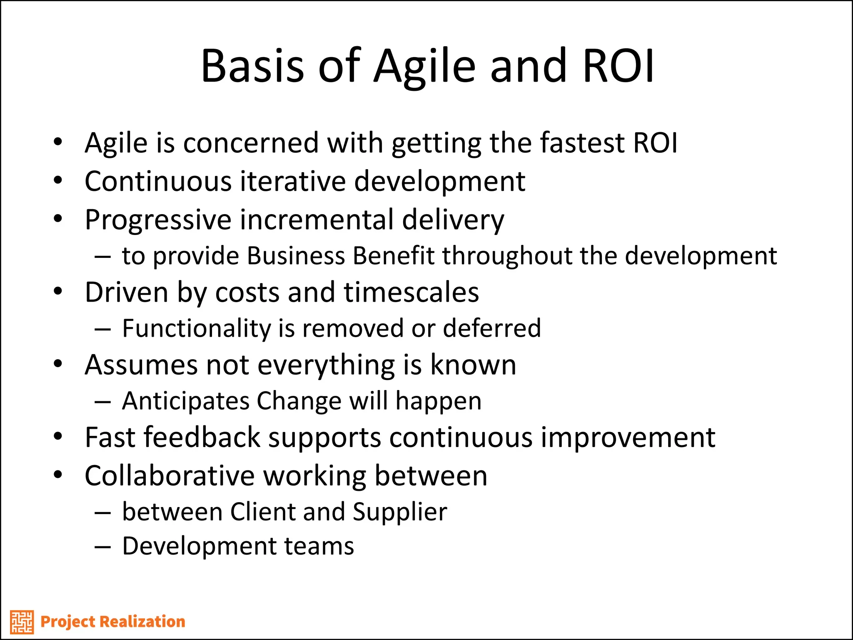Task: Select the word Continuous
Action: click(x=158, y=182)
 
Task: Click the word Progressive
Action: click(x=158, y=220)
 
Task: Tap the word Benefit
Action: click(x=394, y=255)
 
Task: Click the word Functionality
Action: click(x=196, y=328)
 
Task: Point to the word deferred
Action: click(x=491, y=328)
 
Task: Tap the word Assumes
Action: click(x=141, y=365)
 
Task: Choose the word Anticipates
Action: click(x=185, y=401)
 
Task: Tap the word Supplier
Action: click(x=400, y=512)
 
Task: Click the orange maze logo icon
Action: click(x=22, y=622)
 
